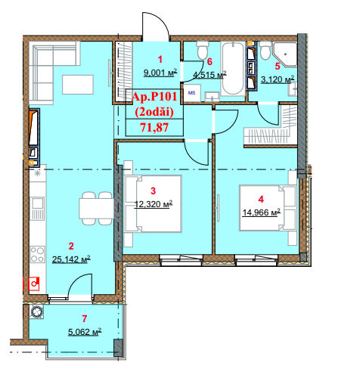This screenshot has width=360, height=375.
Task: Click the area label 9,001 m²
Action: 160,73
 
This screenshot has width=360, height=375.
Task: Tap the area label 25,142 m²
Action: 71,259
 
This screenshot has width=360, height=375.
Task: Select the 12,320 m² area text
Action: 154,204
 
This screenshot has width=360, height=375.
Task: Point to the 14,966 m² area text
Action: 262,212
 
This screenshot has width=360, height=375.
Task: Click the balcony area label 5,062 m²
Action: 85,332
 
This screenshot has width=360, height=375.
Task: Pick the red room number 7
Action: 85,319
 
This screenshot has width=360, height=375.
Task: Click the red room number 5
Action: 278,67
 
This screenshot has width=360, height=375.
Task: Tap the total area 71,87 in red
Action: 154,127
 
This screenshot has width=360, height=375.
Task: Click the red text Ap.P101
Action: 154,97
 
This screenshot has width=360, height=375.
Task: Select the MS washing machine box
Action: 192,93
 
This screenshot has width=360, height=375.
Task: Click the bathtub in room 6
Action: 233,69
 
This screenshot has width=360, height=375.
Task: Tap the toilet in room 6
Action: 203,51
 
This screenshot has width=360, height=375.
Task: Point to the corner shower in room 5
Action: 285,54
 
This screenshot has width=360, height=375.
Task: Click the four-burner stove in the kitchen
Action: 38,255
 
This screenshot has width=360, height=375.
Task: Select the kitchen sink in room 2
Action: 38,208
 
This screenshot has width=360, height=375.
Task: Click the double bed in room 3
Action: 154,203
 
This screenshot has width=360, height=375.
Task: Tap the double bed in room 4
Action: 268,208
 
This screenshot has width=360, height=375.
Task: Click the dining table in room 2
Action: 96,208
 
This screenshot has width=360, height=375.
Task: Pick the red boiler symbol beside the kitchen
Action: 34,284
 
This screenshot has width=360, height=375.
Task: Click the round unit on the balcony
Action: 37,311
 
